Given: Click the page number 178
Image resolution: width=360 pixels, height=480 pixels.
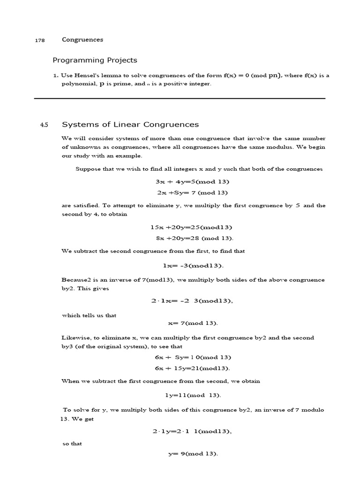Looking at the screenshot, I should [40, 40].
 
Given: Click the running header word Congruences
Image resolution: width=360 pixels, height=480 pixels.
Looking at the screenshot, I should [82, 40].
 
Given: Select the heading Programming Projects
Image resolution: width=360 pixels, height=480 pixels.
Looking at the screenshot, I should [95, 60].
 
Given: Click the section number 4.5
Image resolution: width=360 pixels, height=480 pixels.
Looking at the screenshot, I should [44, 125].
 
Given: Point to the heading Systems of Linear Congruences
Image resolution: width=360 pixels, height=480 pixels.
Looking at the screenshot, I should [130, 124].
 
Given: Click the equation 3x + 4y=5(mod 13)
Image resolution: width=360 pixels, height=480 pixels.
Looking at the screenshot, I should [193, 181].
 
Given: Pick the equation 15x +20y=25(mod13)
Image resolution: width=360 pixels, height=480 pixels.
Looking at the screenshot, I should [191, 227].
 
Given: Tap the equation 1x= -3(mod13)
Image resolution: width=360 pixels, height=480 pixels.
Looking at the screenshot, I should [193, 266].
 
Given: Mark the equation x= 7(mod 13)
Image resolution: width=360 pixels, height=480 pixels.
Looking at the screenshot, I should [193, 323].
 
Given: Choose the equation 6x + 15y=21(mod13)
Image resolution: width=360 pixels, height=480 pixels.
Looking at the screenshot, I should [193, 368].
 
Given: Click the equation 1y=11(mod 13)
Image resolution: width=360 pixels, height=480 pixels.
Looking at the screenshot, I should [193, 395].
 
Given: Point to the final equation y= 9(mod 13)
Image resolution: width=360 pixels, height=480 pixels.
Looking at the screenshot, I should [193, 454].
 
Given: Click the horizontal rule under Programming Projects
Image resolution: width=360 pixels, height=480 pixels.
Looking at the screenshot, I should [180, 98].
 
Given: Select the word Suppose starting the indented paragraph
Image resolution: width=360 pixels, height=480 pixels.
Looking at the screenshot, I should [88, 169].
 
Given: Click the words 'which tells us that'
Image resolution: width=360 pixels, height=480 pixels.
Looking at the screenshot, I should [89, 315].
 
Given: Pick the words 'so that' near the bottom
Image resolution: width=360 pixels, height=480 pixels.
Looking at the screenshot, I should [72, 443].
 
